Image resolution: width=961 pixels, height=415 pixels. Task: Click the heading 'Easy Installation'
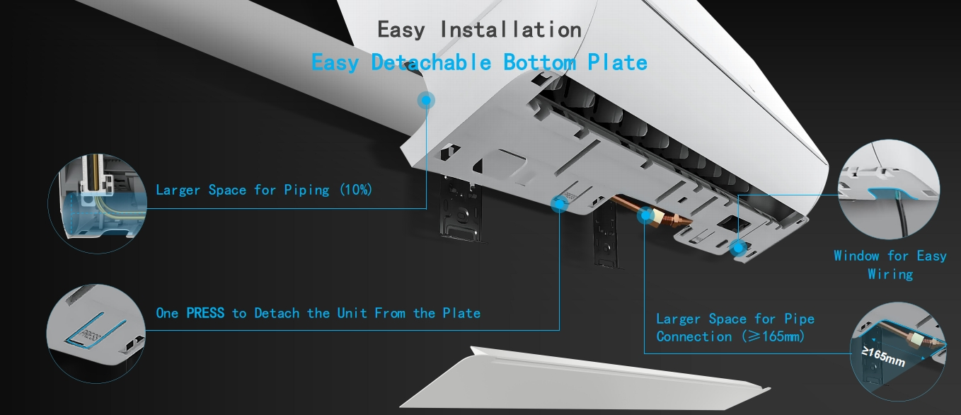coord(480,30)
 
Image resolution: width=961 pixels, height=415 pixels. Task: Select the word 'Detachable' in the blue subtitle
coord(431,62)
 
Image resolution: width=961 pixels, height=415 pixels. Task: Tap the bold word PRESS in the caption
coord(205,313)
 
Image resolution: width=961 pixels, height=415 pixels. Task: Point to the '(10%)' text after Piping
coord(356,190)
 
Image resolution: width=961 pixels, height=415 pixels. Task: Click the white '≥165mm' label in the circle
coord(883,357)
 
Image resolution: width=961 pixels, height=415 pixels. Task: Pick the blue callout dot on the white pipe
coord(426,101)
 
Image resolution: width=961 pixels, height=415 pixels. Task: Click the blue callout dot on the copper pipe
coord(645,215)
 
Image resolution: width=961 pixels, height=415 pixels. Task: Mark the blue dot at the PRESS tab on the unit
coord(560,204)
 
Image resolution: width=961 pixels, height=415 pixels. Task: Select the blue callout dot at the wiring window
coord(738,248)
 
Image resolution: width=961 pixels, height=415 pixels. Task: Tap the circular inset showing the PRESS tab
coord(96,334)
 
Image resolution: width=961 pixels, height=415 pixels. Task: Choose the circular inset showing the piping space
coord(98,203)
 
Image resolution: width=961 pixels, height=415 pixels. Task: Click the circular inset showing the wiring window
coord(889,189)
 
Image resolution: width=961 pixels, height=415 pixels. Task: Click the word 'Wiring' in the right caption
coord(890,274)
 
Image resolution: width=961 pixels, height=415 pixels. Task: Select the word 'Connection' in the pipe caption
coord(694,336)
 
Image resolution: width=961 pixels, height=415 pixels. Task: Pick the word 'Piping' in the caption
coord(306,190)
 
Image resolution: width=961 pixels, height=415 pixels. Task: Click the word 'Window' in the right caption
coord(856,256)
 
